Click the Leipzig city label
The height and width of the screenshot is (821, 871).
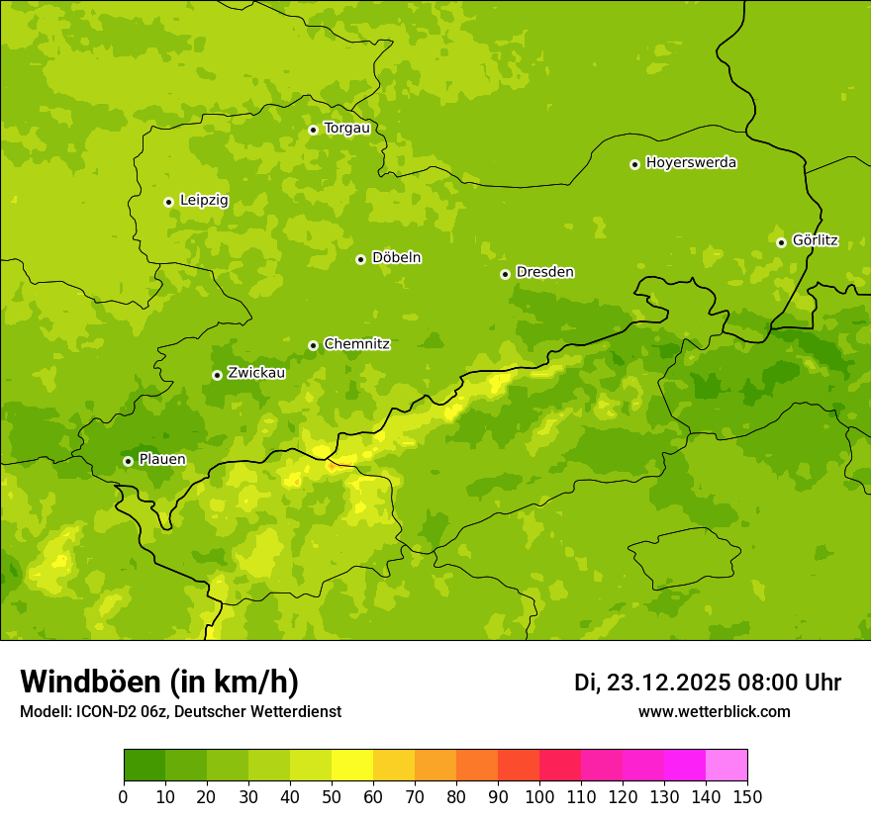coord(204,200)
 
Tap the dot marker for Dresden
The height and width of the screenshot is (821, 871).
coord(505,274)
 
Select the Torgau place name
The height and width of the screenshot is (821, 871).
coord(346,128)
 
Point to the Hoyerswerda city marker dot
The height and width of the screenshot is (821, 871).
coord(634,164)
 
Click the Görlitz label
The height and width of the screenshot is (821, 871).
coord(815,240)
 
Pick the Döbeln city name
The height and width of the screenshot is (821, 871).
coord(396,257)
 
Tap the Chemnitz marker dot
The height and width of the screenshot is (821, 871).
coord(313,345)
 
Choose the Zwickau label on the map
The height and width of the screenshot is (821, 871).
coord(256,373)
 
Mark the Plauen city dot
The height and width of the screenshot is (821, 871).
coord(128,461)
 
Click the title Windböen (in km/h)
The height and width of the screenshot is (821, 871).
coord(159,682)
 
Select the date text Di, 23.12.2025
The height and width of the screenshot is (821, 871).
coord(651,683)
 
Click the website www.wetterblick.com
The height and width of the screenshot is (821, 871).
coord(714,711)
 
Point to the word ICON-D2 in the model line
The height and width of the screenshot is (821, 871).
coord(104,712)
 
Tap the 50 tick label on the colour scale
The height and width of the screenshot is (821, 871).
coord(332,796)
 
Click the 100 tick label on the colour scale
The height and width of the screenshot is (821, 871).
coord(539,796)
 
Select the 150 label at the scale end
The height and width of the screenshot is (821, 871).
coord(747,796)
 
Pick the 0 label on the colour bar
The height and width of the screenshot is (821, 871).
coord(124,796)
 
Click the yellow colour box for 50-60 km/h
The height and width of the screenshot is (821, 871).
coord(352,766)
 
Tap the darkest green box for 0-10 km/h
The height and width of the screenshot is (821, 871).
coord(145,766)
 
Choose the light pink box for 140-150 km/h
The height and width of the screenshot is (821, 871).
coord(726,766)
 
